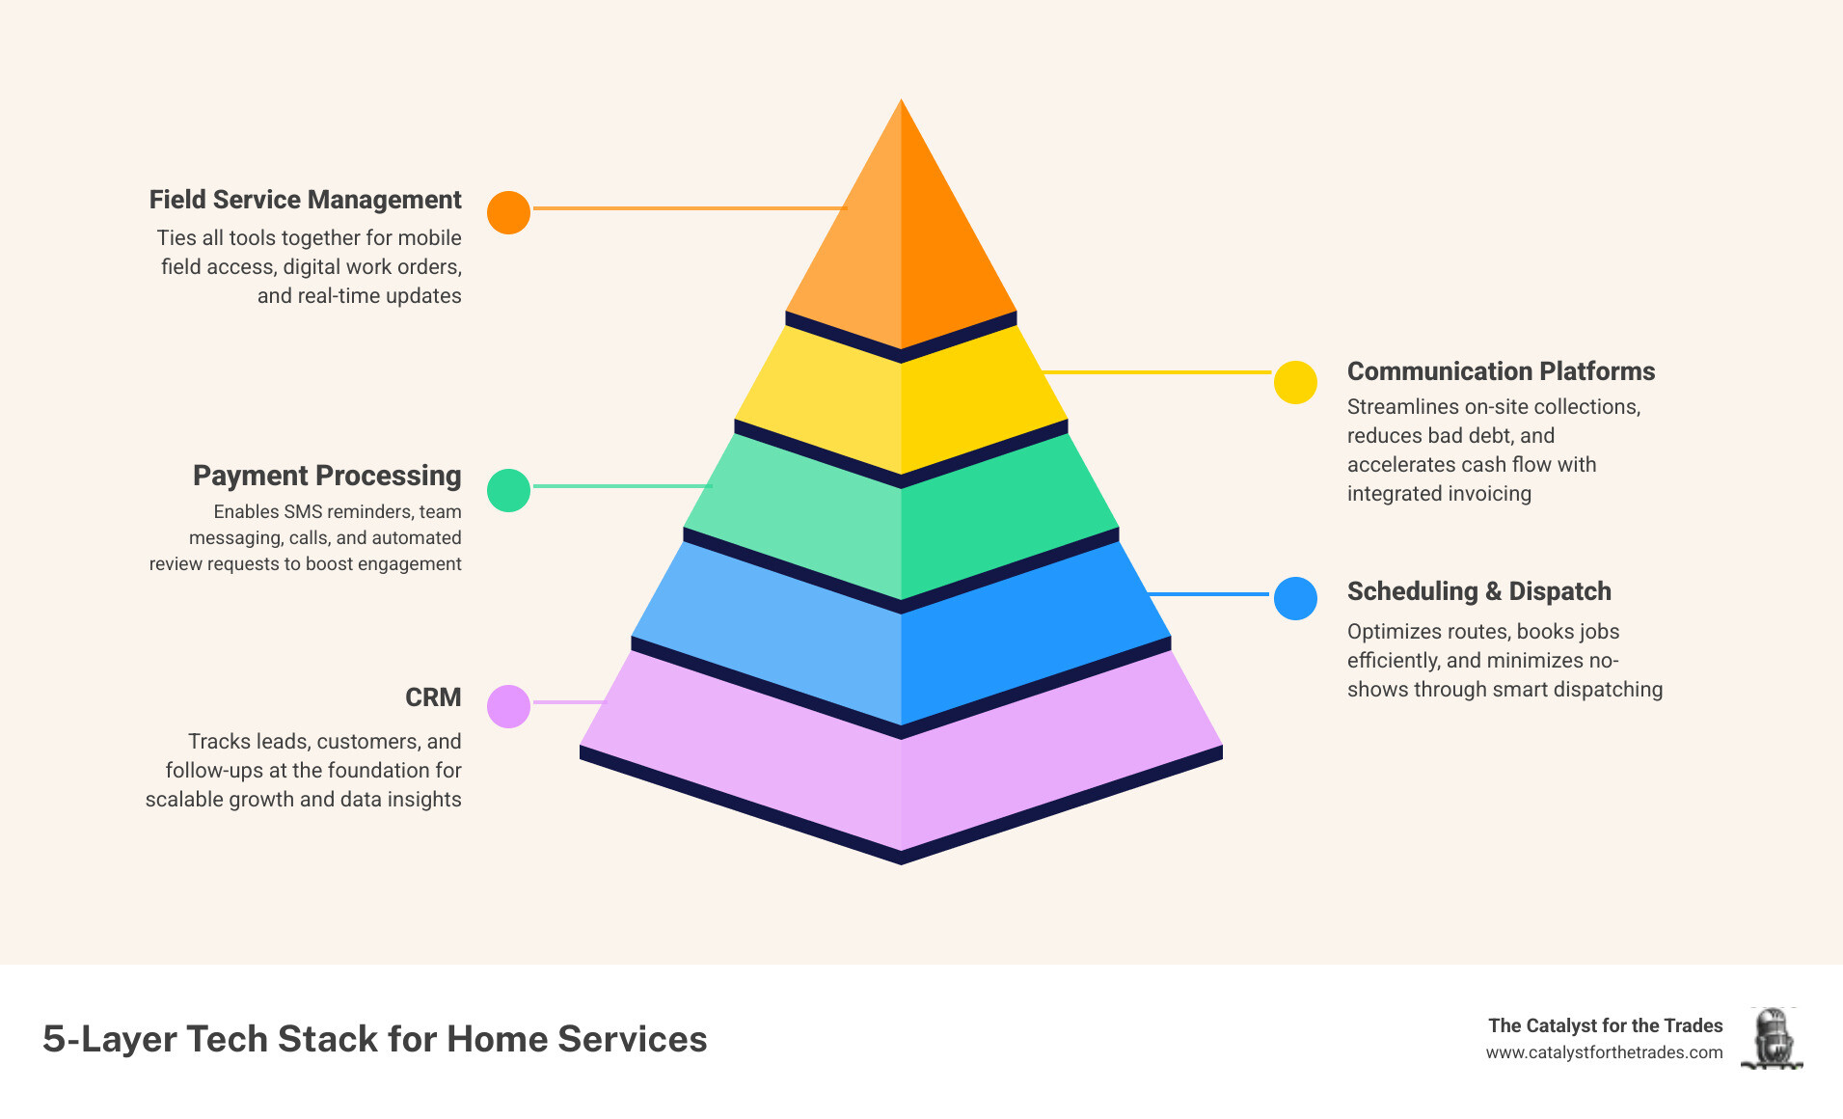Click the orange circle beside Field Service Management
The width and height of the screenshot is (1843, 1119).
508,212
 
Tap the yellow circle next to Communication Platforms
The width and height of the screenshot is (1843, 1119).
1295,382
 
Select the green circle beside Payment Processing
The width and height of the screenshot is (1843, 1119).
508,490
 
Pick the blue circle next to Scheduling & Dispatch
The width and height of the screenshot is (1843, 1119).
1295,598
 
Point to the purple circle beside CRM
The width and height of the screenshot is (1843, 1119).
508,706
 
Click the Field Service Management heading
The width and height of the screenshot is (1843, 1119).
305,200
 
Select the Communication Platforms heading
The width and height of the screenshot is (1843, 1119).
1501,371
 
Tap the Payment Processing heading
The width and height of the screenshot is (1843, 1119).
327,476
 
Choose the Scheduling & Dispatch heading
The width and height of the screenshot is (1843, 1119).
1478,591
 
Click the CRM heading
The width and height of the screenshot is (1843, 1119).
433,697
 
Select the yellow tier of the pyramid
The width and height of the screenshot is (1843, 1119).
901,405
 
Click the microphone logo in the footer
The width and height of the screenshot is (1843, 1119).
1772,1038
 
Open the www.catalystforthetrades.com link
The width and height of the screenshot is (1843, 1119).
1604,1052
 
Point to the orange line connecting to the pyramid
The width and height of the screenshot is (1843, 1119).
689,207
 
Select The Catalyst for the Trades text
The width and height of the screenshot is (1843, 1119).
1605,1025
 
